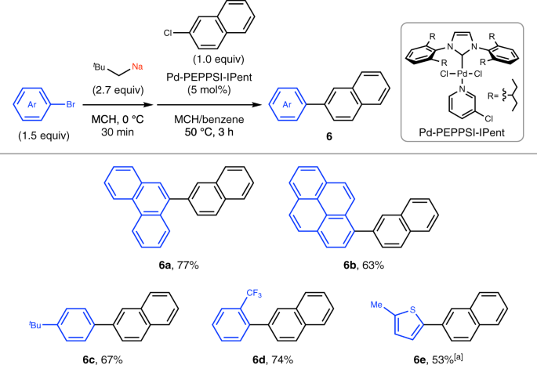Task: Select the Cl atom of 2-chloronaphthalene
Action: click(166, 35)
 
